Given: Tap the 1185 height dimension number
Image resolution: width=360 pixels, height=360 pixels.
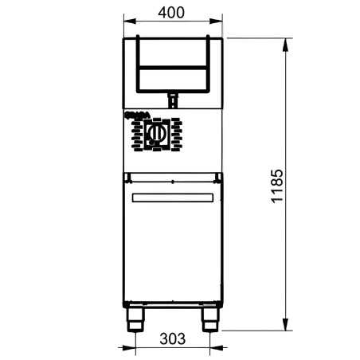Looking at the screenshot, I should click(276, 185).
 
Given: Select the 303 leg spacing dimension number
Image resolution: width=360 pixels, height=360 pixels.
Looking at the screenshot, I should click(172, 338).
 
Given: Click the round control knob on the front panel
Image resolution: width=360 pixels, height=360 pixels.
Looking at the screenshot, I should click(157, 131).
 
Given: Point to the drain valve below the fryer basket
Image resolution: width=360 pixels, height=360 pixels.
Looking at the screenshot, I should click(172, 99).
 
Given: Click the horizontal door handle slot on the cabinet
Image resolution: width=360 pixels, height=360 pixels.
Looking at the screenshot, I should click(173, 197).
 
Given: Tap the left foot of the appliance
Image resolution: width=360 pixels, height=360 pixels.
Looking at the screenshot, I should click(136, 321).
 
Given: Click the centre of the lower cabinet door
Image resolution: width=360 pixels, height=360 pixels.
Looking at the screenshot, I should click(173, 247).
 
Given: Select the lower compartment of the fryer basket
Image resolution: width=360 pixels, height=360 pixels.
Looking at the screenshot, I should click(173, 79).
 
